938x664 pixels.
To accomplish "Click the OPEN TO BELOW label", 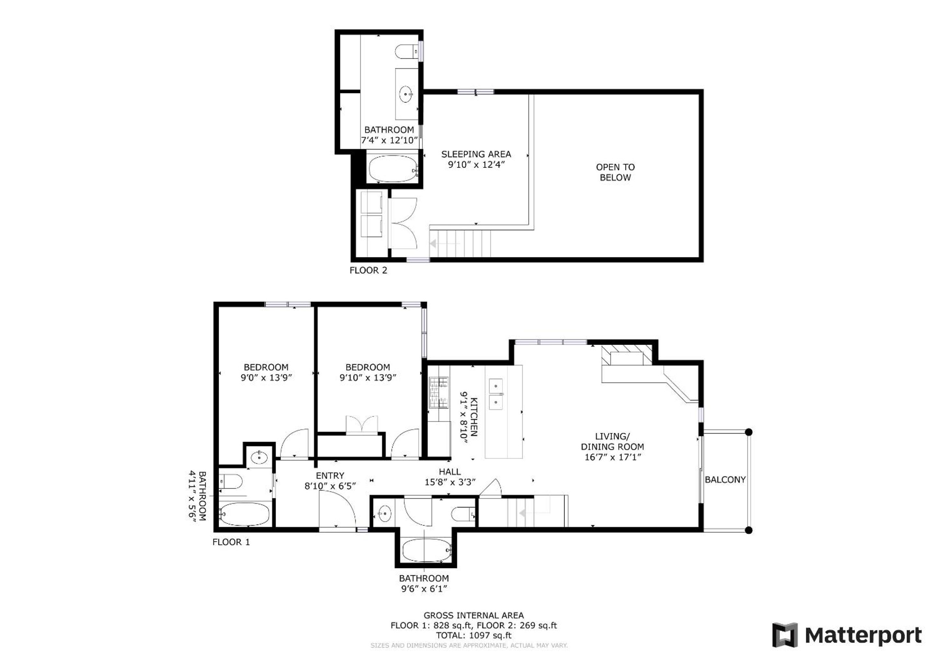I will click(x=615, y=172).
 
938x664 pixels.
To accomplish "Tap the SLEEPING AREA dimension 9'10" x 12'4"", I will click(x=476, y=165).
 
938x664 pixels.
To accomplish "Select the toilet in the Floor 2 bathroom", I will click(x=407, y=52).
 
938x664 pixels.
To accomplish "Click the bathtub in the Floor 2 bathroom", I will click(x=393, y=169).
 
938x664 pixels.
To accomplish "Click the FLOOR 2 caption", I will click(x=368, y=270).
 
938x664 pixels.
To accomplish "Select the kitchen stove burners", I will click(x=438, y=393).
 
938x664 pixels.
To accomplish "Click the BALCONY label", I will click(x=725, y=480).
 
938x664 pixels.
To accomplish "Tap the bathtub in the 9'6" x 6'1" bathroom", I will click(x=426, y=550).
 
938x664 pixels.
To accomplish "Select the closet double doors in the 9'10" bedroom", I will click(x=362, y=425).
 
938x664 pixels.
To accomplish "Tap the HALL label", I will click(x=450, y=471).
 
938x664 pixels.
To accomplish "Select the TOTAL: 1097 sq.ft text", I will click(x=473, y=635).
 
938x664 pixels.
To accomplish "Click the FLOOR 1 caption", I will click(x=231, y=542).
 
